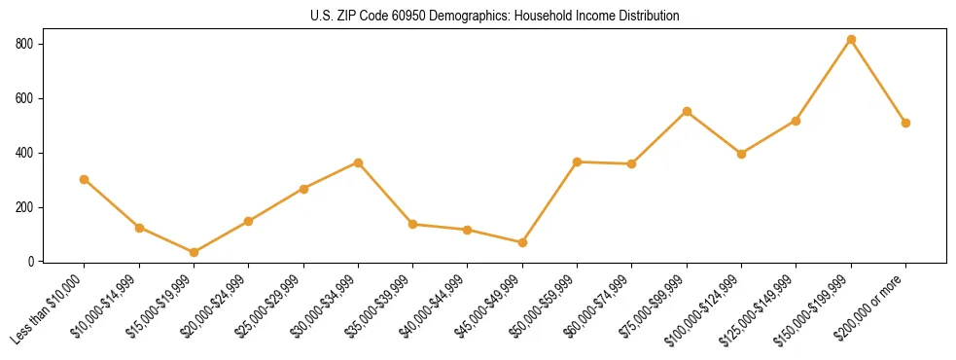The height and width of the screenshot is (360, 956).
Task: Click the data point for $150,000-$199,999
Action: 851,40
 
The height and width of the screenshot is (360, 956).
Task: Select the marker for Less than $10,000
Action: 85,179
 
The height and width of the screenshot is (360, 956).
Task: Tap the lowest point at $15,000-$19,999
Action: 194,252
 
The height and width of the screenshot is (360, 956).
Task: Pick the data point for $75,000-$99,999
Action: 687,111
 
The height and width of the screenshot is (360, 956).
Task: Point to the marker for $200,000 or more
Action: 905,123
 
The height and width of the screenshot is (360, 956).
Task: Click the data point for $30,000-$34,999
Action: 358,162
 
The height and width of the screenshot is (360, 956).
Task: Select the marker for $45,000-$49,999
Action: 522,242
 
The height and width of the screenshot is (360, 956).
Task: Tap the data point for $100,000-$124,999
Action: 741,154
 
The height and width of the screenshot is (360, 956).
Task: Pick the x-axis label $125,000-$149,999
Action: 761,308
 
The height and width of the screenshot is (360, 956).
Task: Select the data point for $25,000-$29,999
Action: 303,189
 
